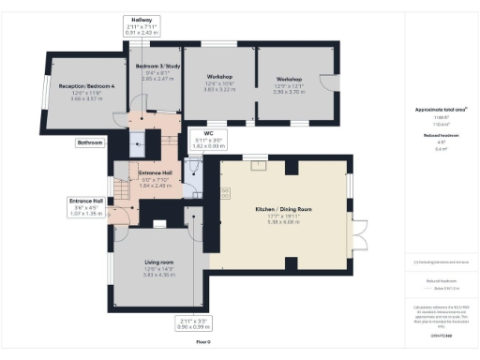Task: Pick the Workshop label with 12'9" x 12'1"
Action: pos(290,80)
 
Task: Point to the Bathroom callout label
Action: pos(90,142)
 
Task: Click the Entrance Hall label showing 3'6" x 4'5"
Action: pos(84,201)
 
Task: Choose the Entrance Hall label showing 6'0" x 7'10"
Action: pos(157,173)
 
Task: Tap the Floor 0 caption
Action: pos(202,343)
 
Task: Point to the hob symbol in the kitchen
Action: pos(225,193)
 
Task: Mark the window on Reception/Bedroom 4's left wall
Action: pos(42,94)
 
